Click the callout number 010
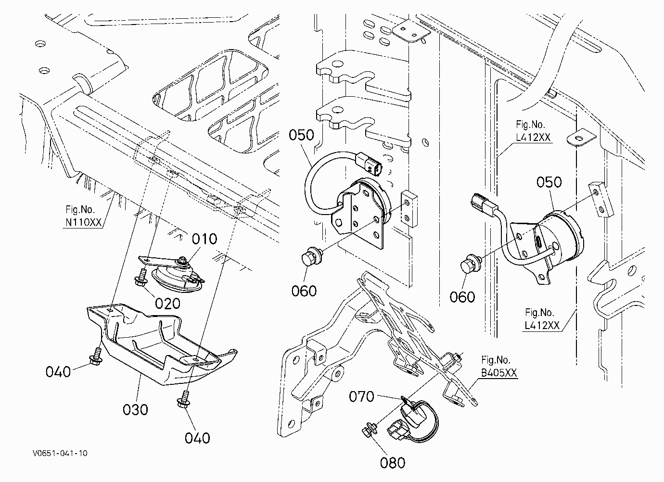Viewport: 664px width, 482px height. pyautogui.click(x=204, y=239)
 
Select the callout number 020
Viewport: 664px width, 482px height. pyautogui.click(x=168, y=304)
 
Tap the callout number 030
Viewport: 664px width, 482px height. pyautogui.click(x=136, y=410)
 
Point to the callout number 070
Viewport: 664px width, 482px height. pyautogui.click(x=362, y=396)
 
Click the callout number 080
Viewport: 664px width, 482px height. pyautogui.click(x=393, y=463)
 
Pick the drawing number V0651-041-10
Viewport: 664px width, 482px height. pyautogui.click(x=60, y=453)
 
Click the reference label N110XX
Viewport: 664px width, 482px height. pyautogui.click(x=83, y=222)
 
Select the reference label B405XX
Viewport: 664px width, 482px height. pyautogui.click(x=498, y=373)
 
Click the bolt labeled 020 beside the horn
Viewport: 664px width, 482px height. pyautogui.click(x=141, y=278)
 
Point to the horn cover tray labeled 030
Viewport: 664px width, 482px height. pyautogui.click(x=162, y=344)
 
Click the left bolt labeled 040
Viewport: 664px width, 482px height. pyautogui.click(x=96, y=356)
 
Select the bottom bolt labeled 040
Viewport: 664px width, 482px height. pyautogui.click(x=183, y=400)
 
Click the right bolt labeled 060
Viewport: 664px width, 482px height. pyautogui.click(x=471, y=264)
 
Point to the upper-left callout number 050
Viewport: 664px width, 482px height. pyautogui.click(x=302, y=135)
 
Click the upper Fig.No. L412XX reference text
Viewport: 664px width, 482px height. pyautogui.click(x=533, y=131)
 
